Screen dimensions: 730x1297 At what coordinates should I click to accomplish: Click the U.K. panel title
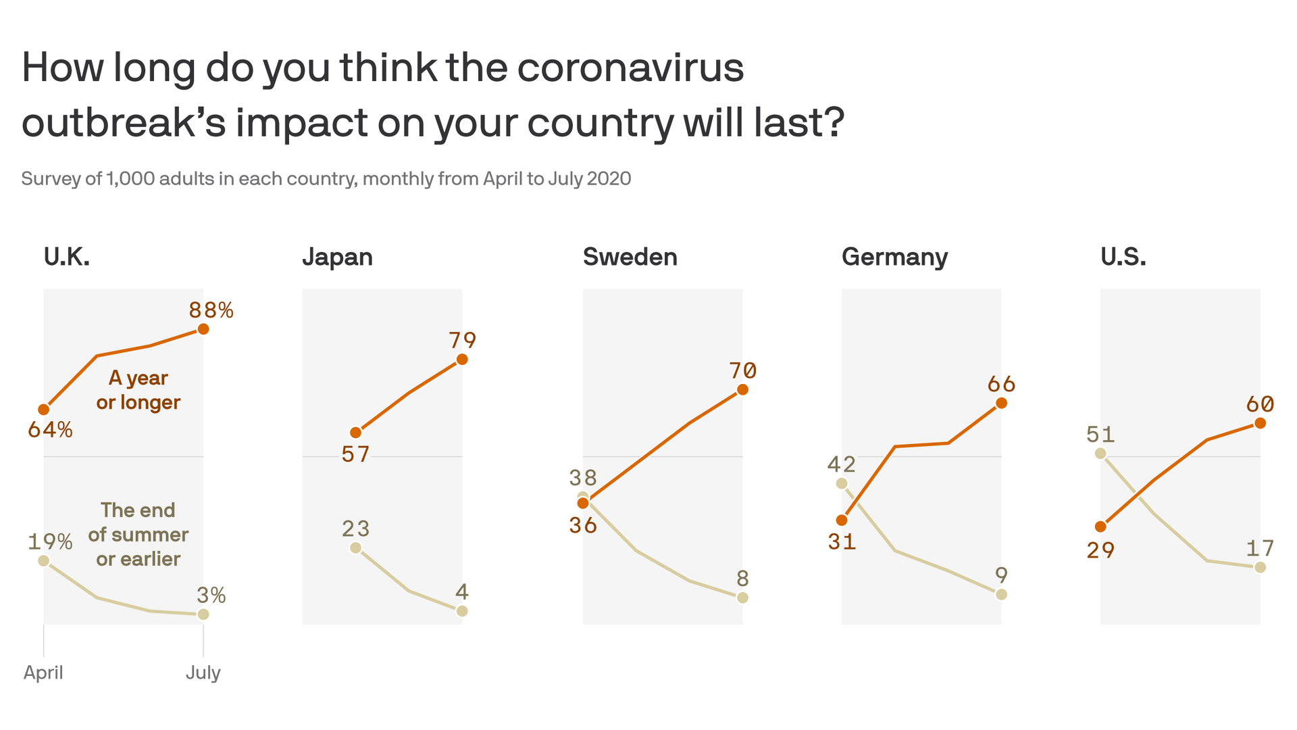[66, 258]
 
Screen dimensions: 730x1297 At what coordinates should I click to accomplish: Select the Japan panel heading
[337, 258]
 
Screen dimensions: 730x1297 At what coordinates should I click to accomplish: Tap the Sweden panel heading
[630, 258]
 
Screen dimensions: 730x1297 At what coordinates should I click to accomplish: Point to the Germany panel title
[894, 258]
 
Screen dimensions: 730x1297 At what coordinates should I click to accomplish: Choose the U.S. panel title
[1123, 258]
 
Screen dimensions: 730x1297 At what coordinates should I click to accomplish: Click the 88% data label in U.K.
[211, 310]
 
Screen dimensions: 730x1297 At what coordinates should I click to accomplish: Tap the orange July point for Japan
[462, 360]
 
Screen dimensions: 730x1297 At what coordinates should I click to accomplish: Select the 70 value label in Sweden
[742, 370]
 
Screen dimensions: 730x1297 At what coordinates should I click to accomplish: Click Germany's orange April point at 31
[842, 520]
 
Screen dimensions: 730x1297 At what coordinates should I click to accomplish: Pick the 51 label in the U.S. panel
[1100, 434]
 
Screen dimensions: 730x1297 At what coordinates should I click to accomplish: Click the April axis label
[43, 673]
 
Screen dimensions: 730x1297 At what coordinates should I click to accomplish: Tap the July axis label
[203, 673]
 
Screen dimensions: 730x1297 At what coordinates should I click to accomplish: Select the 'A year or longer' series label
[138, 390]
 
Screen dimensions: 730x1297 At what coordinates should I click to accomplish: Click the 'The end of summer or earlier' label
[138, 534]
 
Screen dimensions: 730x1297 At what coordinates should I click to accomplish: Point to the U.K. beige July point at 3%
[203, 614]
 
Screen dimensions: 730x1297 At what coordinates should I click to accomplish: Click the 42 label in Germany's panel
[842, 464]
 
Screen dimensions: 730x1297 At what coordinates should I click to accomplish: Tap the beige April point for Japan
[356, 548]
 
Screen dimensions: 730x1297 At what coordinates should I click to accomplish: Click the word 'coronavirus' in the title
[630, 68]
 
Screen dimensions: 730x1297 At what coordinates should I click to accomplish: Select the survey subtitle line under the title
[326, 179]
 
